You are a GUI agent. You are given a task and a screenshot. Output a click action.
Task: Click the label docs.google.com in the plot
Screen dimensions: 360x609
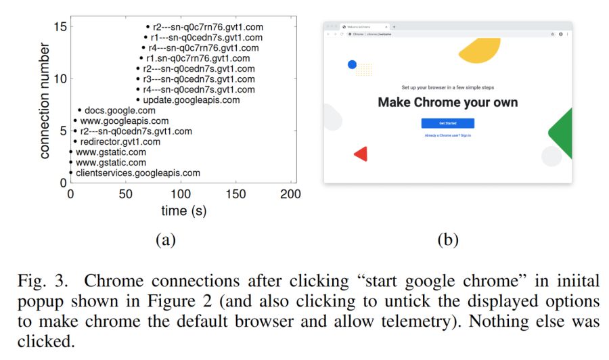pos(120,110)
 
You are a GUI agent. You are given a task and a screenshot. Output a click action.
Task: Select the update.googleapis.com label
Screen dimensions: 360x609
pos(191,99)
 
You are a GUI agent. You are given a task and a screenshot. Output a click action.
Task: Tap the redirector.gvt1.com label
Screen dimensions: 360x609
pos(120,142)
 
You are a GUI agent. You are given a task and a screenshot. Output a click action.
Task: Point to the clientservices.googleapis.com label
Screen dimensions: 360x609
pos(138,173)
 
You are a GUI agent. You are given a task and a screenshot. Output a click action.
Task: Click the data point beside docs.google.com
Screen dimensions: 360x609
pos(79,110)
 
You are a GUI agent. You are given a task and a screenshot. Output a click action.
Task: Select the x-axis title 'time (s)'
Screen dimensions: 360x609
pos(183,211)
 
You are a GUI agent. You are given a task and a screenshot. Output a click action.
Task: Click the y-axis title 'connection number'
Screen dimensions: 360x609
pos(45,101)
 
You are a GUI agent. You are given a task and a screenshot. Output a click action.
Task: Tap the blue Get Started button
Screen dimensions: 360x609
pos(447,123)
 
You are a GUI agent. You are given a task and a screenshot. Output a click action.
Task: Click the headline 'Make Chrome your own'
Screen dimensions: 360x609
pos(447,103)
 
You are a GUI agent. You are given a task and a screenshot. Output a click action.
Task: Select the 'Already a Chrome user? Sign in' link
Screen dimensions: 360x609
pos(447,136)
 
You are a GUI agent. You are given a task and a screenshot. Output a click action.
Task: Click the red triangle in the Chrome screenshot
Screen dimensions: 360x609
pos(361,154)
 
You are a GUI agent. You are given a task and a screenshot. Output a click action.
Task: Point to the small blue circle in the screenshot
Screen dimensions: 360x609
pos(352,65)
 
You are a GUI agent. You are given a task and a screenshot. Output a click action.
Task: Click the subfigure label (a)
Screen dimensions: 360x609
pos(165,239)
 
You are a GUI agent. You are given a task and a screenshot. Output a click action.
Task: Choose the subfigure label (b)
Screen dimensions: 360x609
pos(448,239)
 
